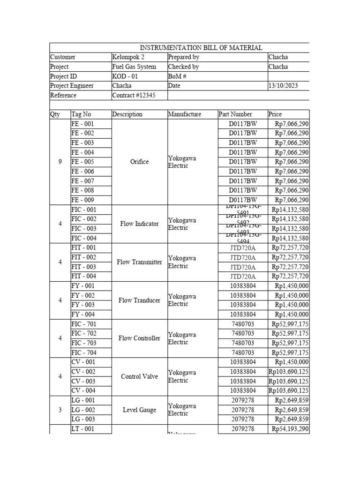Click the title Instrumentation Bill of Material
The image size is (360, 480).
click(201, 48)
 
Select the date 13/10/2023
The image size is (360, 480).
click(283, 86)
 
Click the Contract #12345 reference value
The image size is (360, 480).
click(134, 95)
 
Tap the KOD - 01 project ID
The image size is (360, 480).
click(126, 76)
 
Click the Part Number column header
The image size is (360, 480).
click(235, 114)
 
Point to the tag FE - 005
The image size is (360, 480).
click(82, 162)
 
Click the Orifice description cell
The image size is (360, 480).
click(139, 162)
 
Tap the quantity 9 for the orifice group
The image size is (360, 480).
click(60, 162)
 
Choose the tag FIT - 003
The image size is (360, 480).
click(83, 267)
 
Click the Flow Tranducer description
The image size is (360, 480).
click(139, 300)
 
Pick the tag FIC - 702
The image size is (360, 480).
click(83, 333)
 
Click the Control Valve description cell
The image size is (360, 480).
click(139, 376)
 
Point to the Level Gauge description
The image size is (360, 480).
click(139, 410)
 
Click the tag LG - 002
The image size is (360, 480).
click(83, 410)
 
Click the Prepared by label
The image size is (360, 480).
click(183, 57)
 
